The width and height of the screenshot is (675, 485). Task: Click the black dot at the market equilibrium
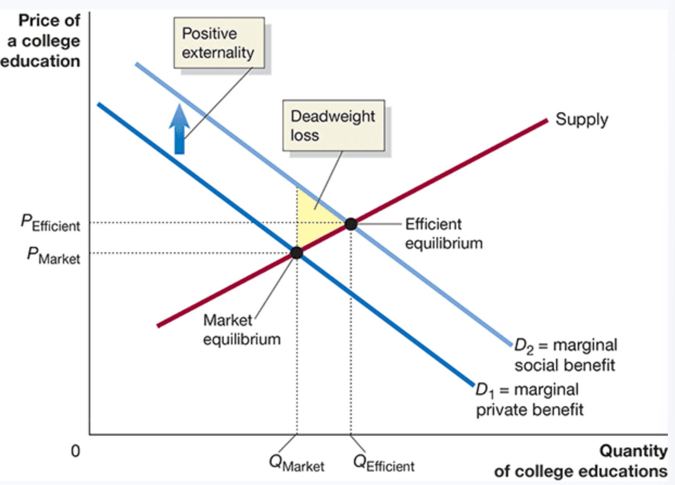click(296, 252)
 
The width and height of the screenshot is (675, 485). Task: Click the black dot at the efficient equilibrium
click(351, 223)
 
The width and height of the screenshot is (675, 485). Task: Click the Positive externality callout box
click(219, 43)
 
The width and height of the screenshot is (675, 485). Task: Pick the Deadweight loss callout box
click(333, 125)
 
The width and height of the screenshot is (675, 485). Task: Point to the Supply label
click(582, 119)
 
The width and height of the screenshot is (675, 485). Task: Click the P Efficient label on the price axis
click(50, 224)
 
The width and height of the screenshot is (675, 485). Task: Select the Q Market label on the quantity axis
click(297, 463)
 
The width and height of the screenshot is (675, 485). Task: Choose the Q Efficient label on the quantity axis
click(383, 463)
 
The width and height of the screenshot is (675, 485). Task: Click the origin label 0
click(75, 450)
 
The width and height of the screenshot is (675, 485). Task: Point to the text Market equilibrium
click(242, 330)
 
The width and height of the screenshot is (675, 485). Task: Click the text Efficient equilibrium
click(443, 233)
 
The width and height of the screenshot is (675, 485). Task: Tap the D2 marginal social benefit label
click(565, 354)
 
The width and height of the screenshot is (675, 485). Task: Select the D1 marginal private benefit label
click(529, 399)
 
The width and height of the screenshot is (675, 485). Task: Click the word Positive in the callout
click(209, 34)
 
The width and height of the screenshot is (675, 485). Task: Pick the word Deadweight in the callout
click(332, 116)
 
